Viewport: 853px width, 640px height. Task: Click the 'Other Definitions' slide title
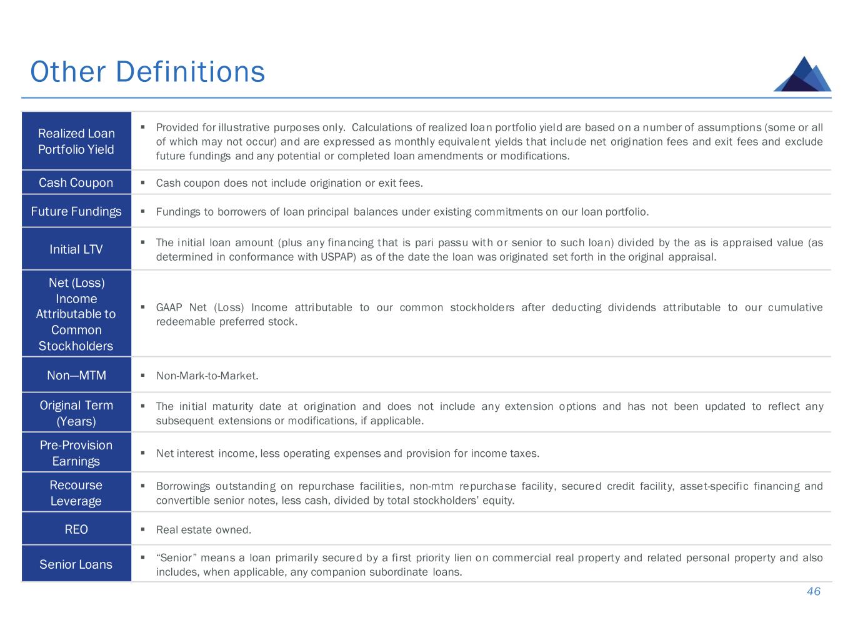(x=147, y=72)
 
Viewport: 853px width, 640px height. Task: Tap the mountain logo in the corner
(x=802, y=74)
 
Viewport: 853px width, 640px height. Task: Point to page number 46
(x=814, y=591)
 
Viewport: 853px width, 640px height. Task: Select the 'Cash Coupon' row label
(x=76, y=182)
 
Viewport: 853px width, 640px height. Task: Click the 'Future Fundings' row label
(x=76, y=211)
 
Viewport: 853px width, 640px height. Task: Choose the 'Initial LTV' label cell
(x=76, y=249)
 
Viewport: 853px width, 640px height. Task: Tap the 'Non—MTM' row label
(x=76, y=375)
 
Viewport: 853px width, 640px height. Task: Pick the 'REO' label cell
(x=76, y=529)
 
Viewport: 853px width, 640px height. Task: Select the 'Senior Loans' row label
(x=76, y=564)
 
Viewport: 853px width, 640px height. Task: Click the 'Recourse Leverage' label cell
(x=76, y=492)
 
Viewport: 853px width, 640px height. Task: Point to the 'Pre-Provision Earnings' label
(x=76, y=452)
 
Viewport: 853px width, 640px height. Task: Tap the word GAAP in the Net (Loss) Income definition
(x=169, y=307)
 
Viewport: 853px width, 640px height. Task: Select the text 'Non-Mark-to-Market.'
(x=207, y=376)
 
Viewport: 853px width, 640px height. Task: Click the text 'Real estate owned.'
(x=204, y=529)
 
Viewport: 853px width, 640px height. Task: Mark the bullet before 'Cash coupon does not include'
(x=143, y=182)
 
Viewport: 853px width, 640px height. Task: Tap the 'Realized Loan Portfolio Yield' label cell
(x=76, y=141)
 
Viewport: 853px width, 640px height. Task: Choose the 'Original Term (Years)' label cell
(x=76, y=412)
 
